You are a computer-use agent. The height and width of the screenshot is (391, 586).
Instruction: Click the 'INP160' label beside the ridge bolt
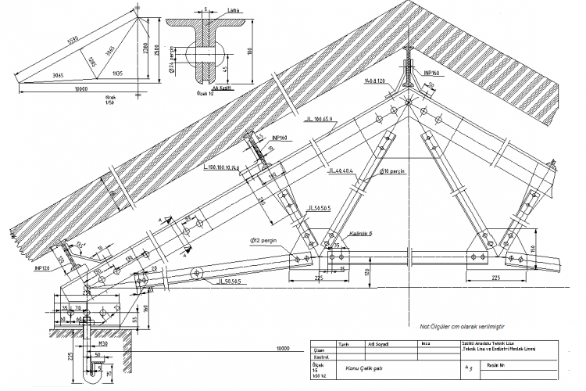click(433, 73)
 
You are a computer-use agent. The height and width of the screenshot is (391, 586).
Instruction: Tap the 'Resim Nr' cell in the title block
click(509, 364)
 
